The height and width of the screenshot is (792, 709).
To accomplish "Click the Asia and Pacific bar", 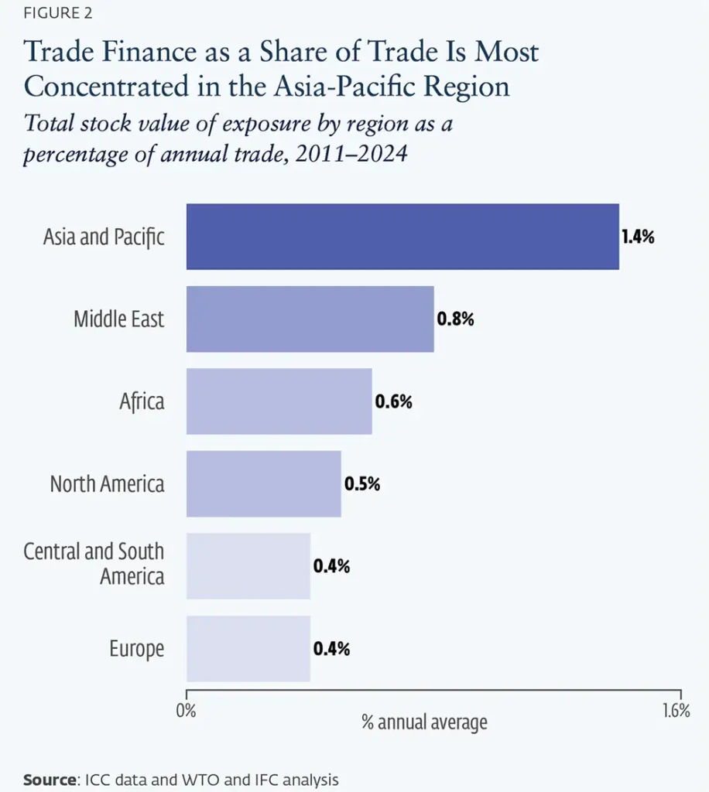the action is [402, 237].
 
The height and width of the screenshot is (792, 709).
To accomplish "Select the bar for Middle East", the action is [310, 319].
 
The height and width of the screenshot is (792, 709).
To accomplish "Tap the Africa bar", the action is [279, 401].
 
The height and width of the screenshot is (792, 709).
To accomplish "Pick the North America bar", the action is [264, 483].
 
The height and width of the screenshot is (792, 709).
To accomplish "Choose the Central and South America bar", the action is [248, 565].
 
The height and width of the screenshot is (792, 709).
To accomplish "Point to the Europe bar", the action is [248, 649].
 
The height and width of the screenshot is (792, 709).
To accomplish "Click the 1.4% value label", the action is [638, 237].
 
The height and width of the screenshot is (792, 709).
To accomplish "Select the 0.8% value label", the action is [455, 319].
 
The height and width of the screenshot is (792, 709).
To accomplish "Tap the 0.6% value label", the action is [393, 401].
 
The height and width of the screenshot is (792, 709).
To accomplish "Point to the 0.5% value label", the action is [361, 484].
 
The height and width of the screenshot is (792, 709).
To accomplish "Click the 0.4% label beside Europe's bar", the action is [331, 649].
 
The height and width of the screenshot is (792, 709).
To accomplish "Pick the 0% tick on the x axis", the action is [186, 711].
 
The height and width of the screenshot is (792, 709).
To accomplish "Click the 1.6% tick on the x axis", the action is [676, 711].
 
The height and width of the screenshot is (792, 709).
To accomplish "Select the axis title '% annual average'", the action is [424, 722].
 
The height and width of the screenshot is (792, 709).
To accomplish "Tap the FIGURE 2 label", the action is [57, 13].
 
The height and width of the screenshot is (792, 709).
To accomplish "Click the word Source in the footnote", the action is [50, 780].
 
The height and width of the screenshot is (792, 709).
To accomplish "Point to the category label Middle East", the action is [118, 319].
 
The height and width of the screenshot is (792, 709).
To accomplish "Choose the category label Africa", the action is [142, 401].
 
